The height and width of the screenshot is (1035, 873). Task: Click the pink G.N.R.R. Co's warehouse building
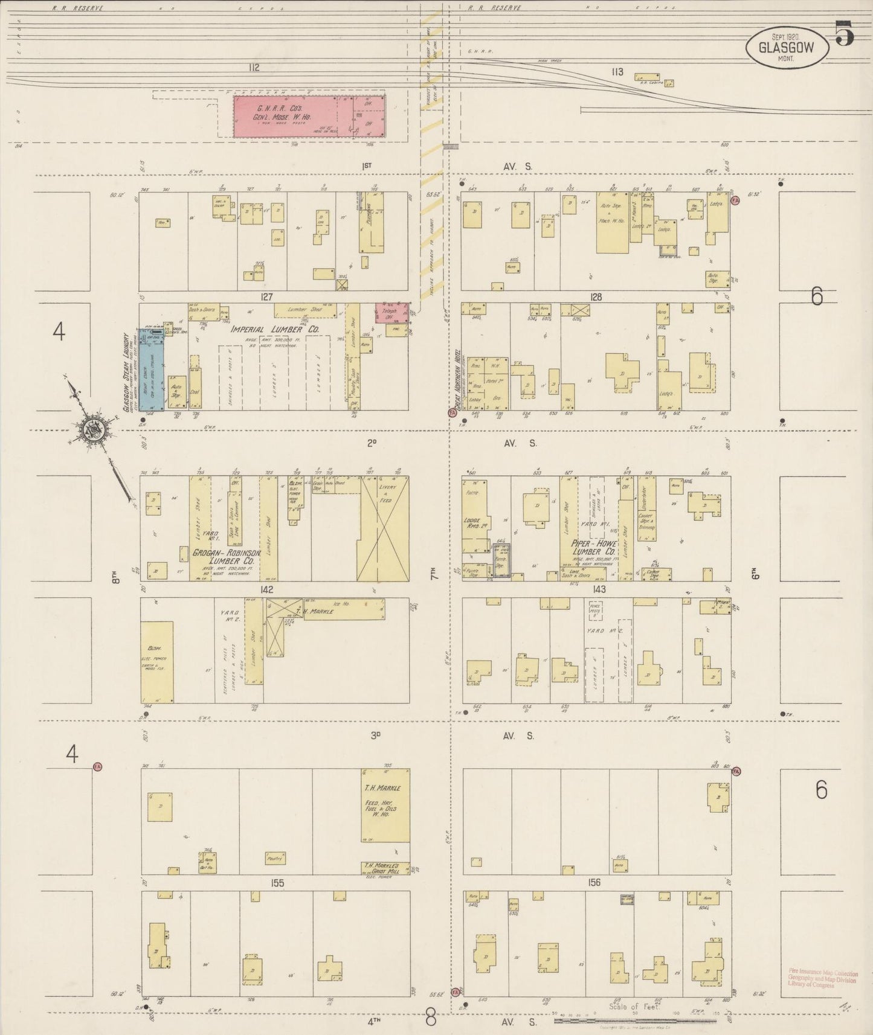[309, 115]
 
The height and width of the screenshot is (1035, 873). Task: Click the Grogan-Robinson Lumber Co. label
[226, 557]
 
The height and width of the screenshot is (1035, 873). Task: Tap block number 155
[277, 883]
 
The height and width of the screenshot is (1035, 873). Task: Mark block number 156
[594, 883]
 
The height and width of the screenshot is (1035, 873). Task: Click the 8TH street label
[115, 578]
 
